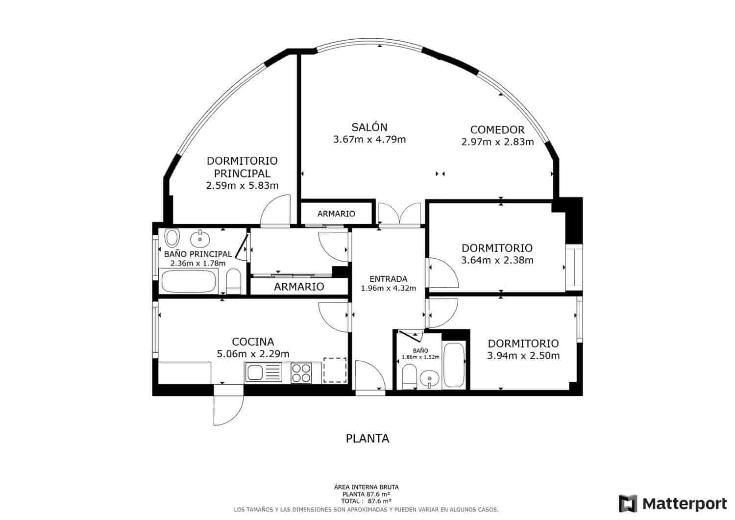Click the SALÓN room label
369,127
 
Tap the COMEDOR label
497,130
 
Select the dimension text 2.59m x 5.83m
242,186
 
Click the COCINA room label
253,342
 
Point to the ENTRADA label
388,279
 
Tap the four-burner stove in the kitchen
301,372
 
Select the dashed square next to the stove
335,371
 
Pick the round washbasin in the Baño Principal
200,239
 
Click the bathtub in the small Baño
454,366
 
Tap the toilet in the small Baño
409,377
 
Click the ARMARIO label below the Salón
336,214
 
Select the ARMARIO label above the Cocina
299,287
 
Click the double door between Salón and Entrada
400,215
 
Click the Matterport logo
673,503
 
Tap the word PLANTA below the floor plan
367,439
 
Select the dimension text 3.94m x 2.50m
523,356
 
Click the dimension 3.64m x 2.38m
497,260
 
